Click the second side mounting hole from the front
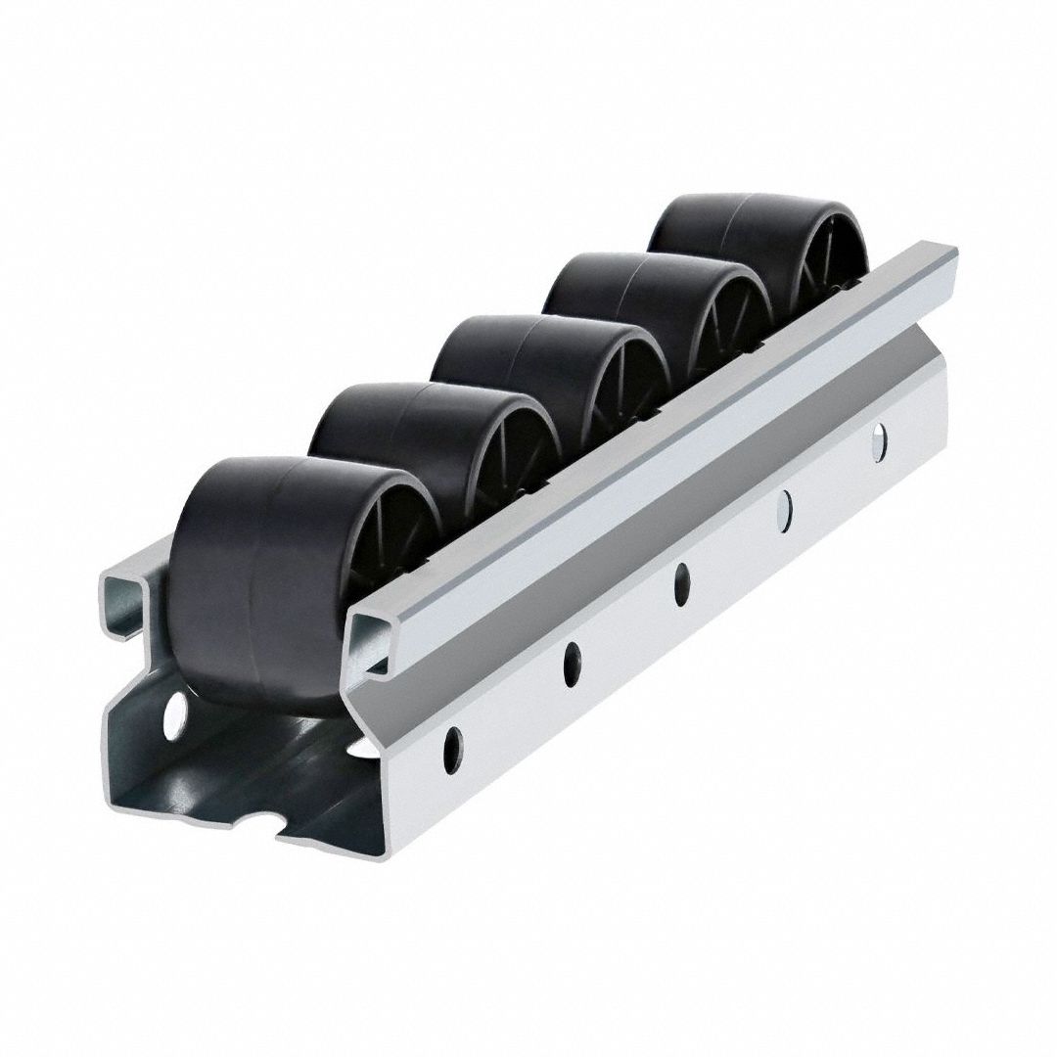coord(571,665)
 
